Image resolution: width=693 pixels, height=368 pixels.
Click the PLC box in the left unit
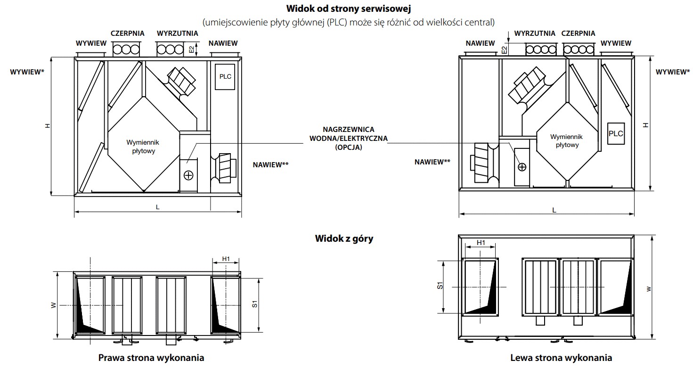225,76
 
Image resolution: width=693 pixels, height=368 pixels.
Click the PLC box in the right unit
616,133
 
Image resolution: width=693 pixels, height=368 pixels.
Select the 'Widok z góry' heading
344,238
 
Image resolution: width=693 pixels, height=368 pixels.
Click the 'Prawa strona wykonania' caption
151,358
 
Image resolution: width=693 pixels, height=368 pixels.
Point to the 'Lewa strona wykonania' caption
561,358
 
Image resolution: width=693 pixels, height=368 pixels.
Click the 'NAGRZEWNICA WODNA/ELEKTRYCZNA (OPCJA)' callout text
348,138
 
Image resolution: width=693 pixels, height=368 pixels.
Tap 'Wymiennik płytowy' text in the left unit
143,147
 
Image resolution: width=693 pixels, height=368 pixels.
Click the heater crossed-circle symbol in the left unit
188,175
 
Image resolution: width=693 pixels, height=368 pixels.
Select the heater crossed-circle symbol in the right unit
522,167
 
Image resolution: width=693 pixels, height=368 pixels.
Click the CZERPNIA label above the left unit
127,33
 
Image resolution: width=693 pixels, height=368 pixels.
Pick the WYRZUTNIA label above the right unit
535,33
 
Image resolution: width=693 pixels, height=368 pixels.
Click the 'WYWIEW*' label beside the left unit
27,72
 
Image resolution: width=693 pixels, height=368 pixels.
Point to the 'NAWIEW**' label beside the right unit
432,162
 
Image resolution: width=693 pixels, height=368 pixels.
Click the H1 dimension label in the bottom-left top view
226,259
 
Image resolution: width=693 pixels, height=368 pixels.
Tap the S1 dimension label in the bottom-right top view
440,286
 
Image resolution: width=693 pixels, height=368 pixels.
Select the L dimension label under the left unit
157,208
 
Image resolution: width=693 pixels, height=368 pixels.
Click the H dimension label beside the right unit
646,125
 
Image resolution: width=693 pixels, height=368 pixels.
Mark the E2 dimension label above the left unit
191,49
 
